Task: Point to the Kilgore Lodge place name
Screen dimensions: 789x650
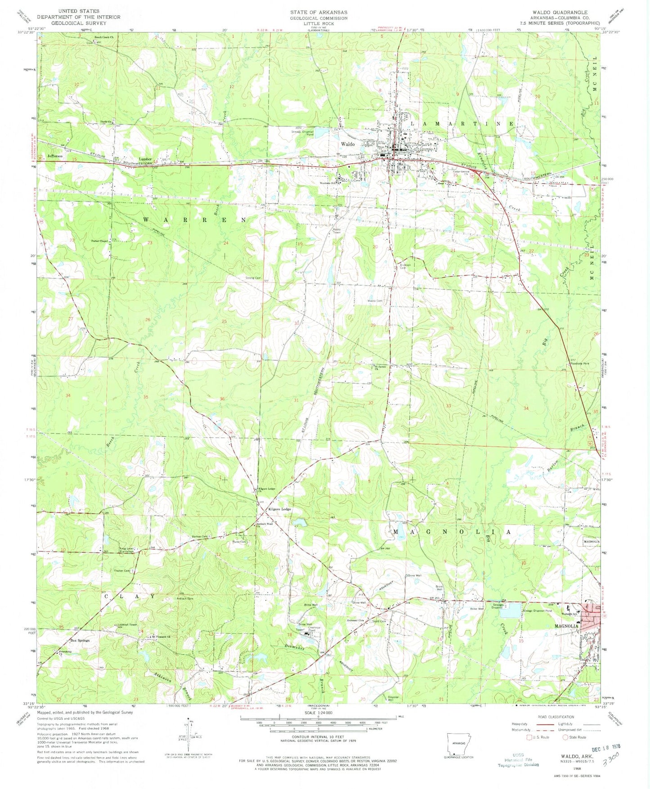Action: pyautogui.click(x=280, y=509)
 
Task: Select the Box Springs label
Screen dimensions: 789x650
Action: pyautogui.click(x=80, y=640)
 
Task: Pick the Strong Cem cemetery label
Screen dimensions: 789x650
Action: pyautogui.click(x=252, y=278)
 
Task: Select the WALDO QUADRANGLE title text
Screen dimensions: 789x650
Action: pyautogui.click(x=571, y=12)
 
